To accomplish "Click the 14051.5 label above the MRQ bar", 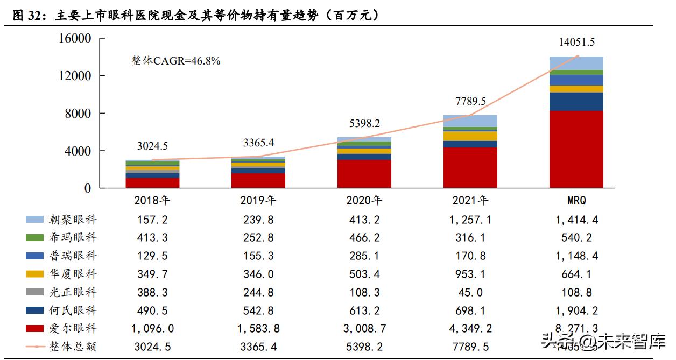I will [x=576, y=43].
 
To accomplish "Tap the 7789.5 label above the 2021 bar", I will [x=470, y=101].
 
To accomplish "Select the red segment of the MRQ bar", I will [x=576, y=149].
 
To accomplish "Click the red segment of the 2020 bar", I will [x=364, y=174].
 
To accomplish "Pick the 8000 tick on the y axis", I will [x=79, y=114].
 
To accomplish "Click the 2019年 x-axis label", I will [x=258, y=201].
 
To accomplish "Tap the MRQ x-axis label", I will [x=576, y=201].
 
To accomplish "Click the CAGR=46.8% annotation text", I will [x=176, y=61].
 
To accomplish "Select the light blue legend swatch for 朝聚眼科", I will [x=34, y=220].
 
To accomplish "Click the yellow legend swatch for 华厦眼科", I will [x=34, y=274].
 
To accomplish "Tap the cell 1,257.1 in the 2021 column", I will [x=470, y=220].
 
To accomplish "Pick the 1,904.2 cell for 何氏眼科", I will [x=576, y=310].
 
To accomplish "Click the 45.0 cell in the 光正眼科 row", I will [x=470, y=292].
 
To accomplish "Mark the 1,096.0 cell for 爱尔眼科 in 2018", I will [x=152, y=329].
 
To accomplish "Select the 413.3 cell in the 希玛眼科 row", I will [x=152, y=238].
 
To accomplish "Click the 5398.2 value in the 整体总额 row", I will [x=364, y=347].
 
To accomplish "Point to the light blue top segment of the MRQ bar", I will [x=576, y=63].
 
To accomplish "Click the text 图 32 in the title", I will [x=27, y=16].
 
